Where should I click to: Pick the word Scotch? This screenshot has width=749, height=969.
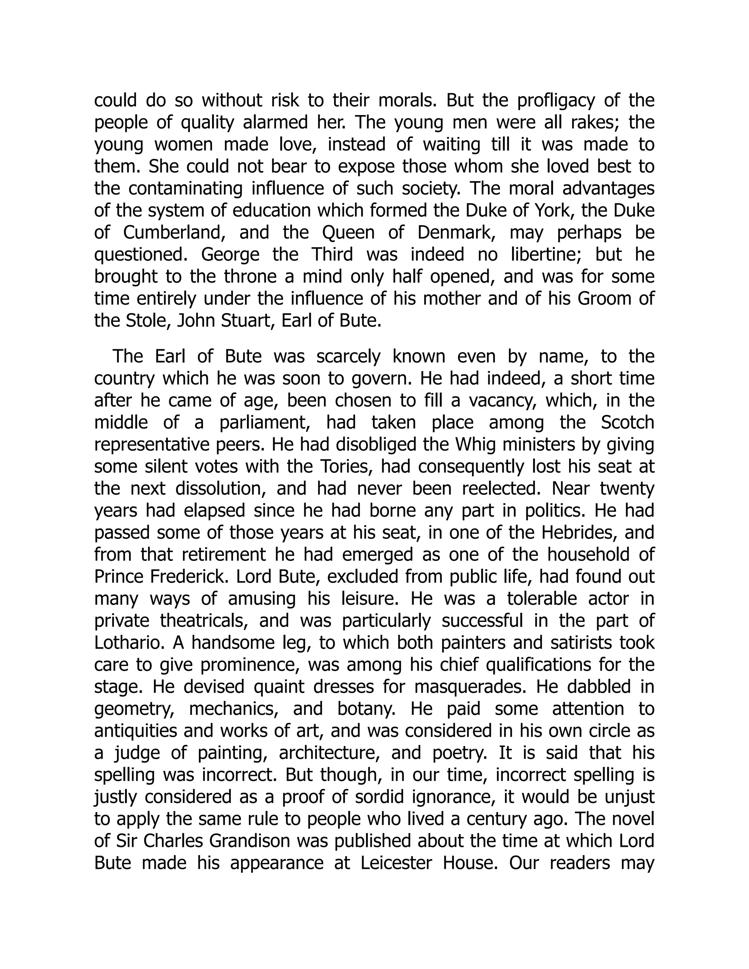(x=628, y=422)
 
